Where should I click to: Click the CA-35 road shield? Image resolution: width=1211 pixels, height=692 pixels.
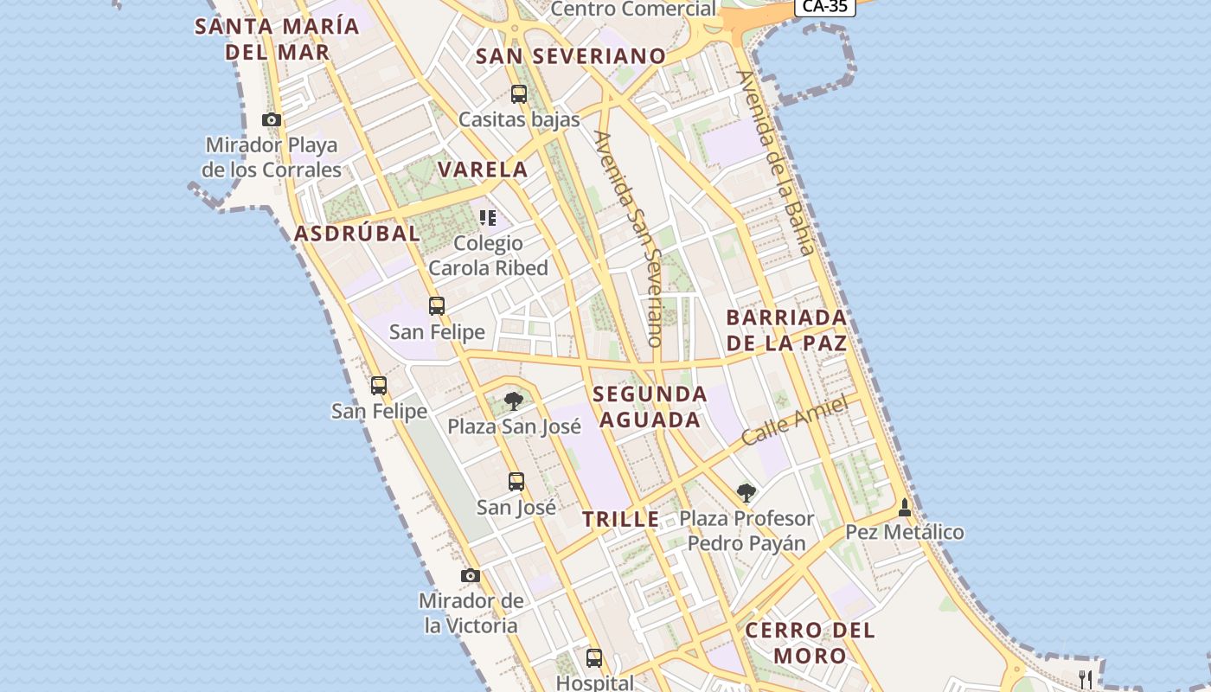tap(824, 7)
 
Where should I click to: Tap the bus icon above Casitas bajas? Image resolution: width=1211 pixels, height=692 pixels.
tap(518, 94)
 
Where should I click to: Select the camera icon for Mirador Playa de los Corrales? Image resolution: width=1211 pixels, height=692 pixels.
tap(272, 120)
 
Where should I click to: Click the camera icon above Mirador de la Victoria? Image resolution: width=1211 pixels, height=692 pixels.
tap(470, 575)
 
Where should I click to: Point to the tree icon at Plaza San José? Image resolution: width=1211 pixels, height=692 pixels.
tap(514, 400)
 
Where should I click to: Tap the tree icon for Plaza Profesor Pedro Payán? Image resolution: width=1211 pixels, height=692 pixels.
tap(746, 493)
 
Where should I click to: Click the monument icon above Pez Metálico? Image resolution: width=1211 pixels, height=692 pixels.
tap(905, 507)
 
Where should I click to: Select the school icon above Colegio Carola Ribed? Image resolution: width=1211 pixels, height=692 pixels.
tap(488, 218)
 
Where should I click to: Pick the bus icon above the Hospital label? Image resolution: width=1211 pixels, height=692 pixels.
tap(593, 657)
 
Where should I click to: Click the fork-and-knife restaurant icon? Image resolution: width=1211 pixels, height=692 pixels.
tap(1086, 679)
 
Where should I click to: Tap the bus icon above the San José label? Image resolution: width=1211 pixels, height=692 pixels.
tap(516, 482)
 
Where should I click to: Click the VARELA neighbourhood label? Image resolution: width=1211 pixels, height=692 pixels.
tap(483, 170)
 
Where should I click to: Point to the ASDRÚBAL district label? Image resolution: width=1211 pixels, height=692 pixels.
tap(356, 234)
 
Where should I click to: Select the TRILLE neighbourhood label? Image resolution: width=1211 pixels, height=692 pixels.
tap(620, 520)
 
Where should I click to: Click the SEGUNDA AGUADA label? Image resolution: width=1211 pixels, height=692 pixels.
tap(650, 407)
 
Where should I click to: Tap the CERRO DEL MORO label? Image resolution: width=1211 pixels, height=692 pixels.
tap(810, 643)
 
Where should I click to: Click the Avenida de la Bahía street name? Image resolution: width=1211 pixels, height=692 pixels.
tap(776, 162)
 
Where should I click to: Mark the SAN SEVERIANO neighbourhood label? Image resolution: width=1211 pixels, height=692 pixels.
tap(571, 57)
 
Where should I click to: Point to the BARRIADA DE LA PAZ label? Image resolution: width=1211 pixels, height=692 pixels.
tap(785, 330)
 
